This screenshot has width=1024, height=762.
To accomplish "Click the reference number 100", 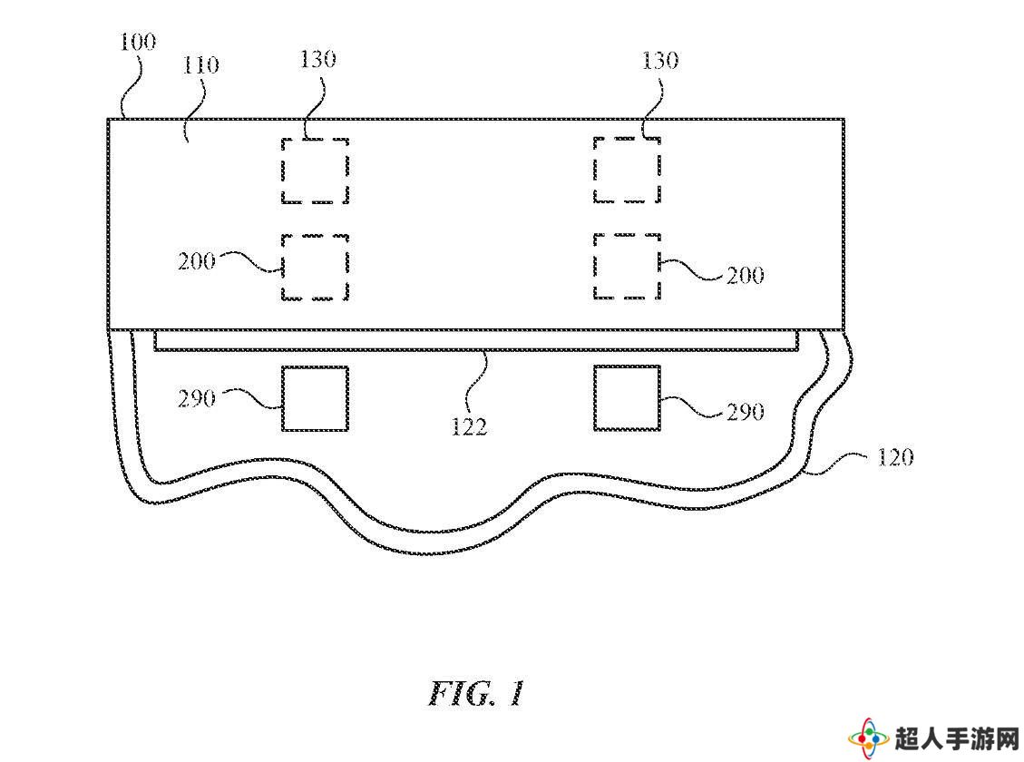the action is [138, 43].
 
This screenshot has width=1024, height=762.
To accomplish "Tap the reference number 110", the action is [200, 65].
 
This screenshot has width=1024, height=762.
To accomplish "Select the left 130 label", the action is [318, 60].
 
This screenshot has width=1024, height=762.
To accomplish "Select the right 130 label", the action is [660, 61].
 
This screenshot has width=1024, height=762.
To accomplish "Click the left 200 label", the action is [197, 262].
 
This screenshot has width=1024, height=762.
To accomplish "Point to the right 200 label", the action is [746, 276].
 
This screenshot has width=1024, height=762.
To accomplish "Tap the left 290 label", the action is [197, 398].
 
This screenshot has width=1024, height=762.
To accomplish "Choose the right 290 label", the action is [746, 412].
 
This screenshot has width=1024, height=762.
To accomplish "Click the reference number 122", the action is [470, 427].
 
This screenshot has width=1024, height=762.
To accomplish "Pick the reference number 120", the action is [894, 457].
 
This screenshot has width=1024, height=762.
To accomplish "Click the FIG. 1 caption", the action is [477, 693].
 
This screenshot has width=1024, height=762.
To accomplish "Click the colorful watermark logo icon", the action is [869, 739].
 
